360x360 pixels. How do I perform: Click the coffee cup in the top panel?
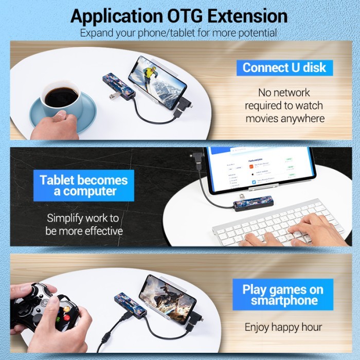60,98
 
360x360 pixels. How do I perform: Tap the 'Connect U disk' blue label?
284,67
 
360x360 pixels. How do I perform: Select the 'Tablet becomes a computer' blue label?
84,186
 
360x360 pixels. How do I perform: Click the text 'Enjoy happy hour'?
283,327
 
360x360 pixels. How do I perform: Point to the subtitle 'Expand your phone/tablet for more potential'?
178,33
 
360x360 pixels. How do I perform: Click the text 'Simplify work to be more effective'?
84,225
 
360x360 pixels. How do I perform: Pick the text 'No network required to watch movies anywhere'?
284,105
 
